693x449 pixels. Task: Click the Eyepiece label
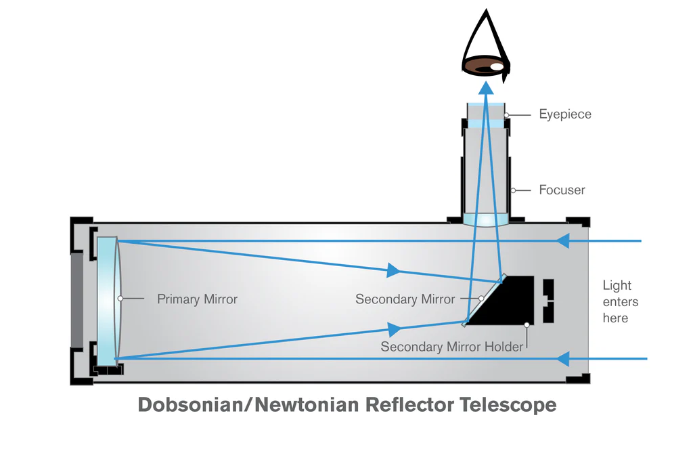[565, 114]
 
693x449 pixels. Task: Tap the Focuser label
[562, 190]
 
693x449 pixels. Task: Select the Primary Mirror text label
[197, 299]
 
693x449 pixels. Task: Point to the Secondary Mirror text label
[405, 299]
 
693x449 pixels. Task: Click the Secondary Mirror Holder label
[451, 347]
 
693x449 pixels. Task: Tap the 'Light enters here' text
[621, 301]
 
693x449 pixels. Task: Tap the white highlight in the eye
[497, 67]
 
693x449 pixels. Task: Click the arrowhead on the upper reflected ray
[393, 270]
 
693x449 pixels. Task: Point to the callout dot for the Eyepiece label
[506, 115]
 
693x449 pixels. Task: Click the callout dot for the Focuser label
[513, 191]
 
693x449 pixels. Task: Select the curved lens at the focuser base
[486, 220]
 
